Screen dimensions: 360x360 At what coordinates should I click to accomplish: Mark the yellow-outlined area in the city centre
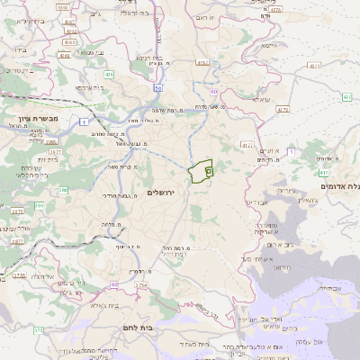201,170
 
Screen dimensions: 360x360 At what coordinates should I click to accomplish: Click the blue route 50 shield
158,88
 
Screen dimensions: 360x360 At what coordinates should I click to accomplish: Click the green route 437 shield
283,109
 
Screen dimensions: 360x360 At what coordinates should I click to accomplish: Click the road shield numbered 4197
202,62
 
